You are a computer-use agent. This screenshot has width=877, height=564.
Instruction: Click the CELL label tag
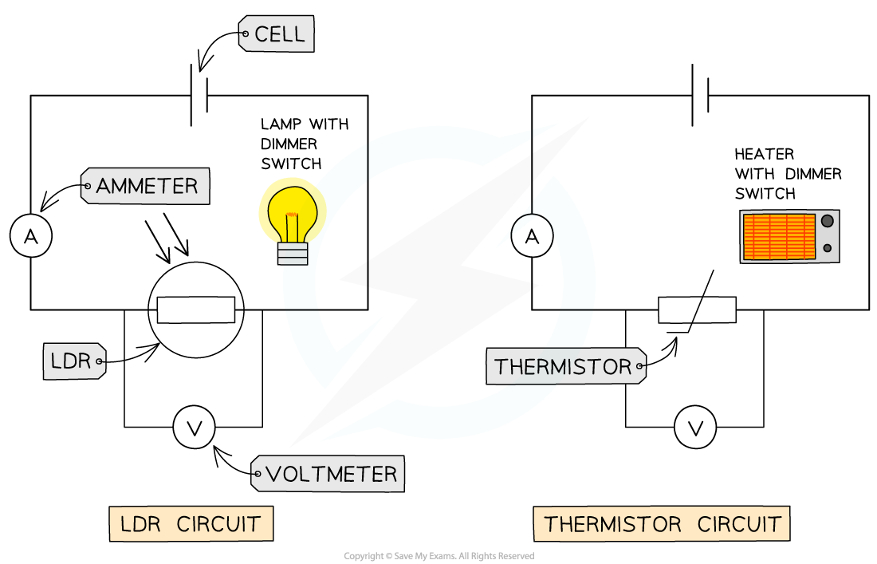click(x=277, y=34)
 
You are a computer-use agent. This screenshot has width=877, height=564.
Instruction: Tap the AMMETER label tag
click(x=145, y=186)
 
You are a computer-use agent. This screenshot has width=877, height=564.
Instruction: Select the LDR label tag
click(x=74, y=361)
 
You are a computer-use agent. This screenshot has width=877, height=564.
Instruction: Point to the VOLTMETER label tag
click(x=328, y=474)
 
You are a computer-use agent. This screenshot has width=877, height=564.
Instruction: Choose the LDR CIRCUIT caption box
click(x=191, y=524)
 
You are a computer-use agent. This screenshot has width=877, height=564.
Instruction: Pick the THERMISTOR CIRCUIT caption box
click(x=662, y=524)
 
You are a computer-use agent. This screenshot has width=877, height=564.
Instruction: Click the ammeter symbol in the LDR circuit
click(x=31, y=236)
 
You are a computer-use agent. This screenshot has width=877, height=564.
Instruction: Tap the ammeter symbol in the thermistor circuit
click(x=533, y=236)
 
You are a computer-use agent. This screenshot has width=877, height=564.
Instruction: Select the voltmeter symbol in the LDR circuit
click(x=194, y=428)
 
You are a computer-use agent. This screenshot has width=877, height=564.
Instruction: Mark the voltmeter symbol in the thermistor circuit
click(x=695, y=428)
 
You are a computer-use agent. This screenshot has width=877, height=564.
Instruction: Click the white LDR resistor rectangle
click(x=196, y=310)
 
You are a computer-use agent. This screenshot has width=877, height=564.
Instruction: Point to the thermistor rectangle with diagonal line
click(x=697, y=310)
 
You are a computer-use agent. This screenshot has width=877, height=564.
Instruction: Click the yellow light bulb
click(x=293, y=212)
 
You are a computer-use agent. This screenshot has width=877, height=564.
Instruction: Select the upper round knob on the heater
click(x=828, y=220)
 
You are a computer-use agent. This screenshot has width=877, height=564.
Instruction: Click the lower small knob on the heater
click(x=828, y=248)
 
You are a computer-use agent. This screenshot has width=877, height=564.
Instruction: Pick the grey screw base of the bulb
click(x=293, y=254)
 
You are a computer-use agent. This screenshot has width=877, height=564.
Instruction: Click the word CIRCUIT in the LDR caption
click(x=218, y=524)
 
